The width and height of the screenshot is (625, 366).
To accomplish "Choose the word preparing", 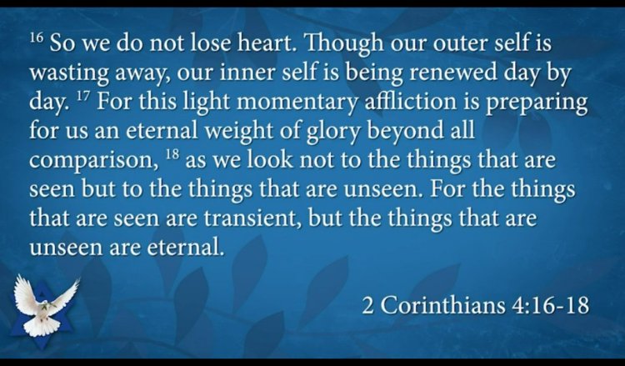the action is [537, 103].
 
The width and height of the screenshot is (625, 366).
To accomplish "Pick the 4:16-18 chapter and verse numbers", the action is [550, 305].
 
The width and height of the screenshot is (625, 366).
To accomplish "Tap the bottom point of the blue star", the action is [42, 348].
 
